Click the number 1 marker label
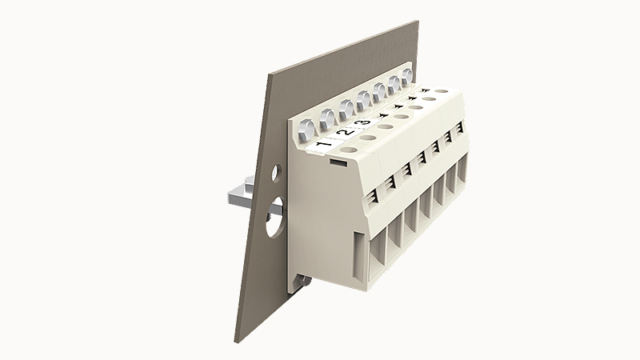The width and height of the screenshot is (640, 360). (x=324, y=146)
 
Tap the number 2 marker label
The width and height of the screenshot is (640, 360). (x=346, y=132)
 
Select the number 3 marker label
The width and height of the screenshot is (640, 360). (x=363, y=122)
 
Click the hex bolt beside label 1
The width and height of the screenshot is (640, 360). (x=307, y=129)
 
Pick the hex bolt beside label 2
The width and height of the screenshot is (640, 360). (x=328, y=118)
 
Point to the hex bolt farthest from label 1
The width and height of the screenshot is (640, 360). (x=407, y=77)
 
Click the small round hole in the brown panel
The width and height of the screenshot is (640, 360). (x=276, y=173)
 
